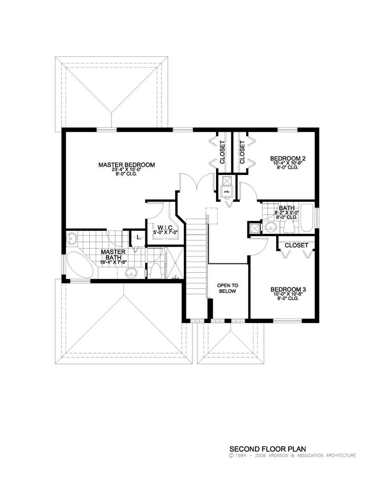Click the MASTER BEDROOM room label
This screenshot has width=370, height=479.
pos(126,165)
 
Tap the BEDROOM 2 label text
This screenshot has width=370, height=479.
pos(288,159)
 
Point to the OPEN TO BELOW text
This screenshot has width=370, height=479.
pos(227,288)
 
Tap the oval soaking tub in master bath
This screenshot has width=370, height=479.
pos(80,265)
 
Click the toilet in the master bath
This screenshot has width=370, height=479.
pos(156,270)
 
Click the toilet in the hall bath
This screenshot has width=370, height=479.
pos(289,226)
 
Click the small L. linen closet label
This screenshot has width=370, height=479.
pos(138,237)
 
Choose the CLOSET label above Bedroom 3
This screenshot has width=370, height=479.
pos(296,245)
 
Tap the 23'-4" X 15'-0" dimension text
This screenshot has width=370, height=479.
pos(126,169)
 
